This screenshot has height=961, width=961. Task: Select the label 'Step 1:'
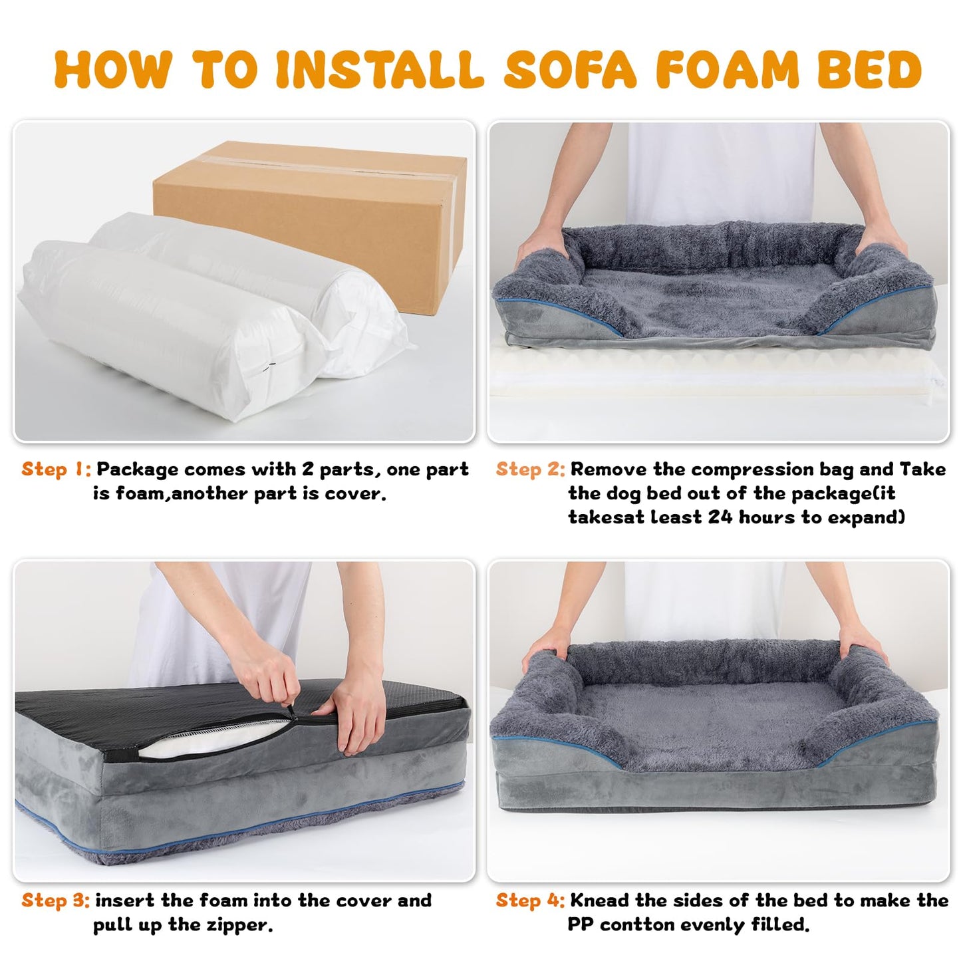click(56, 470)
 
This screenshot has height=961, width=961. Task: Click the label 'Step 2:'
click(530, 470)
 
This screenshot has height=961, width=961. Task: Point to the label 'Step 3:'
click(56, 900)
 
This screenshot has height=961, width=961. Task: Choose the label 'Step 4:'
click(530, 900)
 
